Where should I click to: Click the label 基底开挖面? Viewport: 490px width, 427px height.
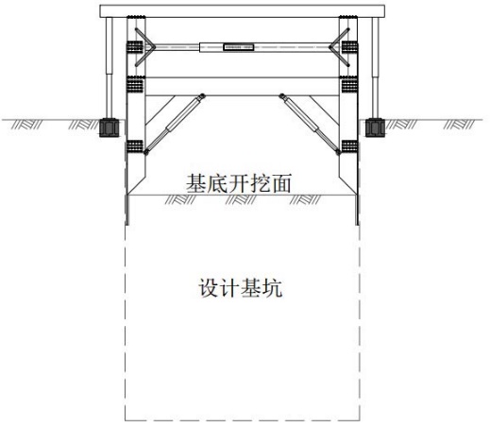(x=238, y=183)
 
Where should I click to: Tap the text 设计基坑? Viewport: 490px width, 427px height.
(x=240, y=288)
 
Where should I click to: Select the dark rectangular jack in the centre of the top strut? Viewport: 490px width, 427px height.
(x=239, y=47)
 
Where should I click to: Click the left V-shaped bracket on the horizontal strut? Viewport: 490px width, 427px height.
(x=145, y=47)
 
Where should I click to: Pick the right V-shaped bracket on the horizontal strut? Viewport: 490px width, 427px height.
(x=339, y=47)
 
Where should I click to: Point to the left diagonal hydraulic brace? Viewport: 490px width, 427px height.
(x=175, y=124)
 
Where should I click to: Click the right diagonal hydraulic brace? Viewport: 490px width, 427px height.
(x=311, y=124)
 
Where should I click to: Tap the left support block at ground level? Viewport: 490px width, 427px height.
(x=109, y=128)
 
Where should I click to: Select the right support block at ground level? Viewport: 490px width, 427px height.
(x=375, y=128)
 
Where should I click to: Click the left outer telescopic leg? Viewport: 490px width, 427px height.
(x=110, y=68)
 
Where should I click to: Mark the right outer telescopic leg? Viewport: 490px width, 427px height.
(x=375, y=68)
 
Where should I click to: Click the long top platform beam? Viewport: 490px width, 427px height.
(x=243, y=11)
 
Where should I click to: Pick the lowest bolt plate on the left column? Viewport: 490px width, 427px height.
(x=135, y=146)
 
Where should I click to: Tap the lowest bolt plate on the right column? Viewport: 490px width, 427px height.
(x=349, y=146)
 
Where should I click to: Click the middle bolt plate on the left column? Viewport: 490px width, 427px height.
(x=135, y=85)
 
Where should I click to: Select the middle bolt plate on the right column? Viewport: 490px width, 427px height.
(x=349, y=85)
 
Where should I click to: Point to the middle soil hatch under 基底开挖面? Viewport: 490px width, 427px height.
(x=241, y=200)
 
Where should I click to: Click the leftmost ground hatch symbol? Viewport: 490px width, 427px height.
(x=26, y=125)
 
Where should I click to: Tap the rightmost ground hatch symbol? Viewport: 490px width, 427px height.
(x=459, y=125)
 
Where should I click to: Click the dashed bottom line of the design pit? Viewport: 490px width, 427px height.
(x=243, y=420)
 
